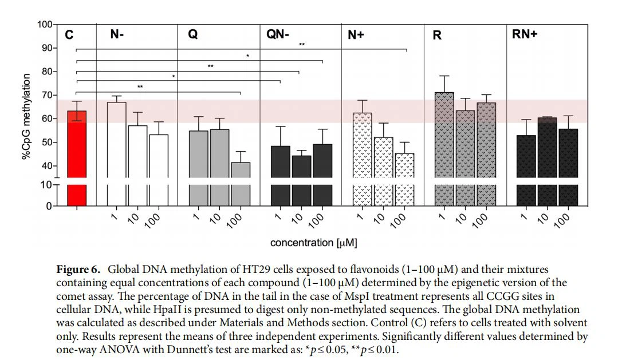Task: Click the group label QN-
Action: [x=278, y=35]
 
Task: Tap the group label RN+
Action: [x=525, y=35]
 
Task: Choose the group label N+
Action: [x=356, y=35]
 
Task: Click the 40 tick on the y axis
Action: [x=46, y=166]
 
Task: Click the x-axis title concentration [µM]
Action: [x=314, y=243]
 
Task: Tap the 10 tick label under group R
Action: [x=462, y=218]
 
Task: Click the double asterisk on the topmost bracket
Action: [x=301, y=45]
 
